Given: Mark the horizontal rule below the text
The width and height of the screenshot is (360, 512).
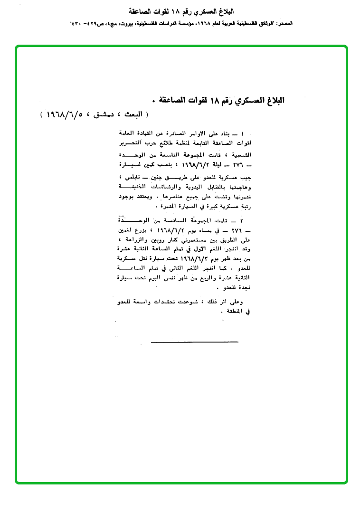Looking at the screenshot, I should coord(194,341).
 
